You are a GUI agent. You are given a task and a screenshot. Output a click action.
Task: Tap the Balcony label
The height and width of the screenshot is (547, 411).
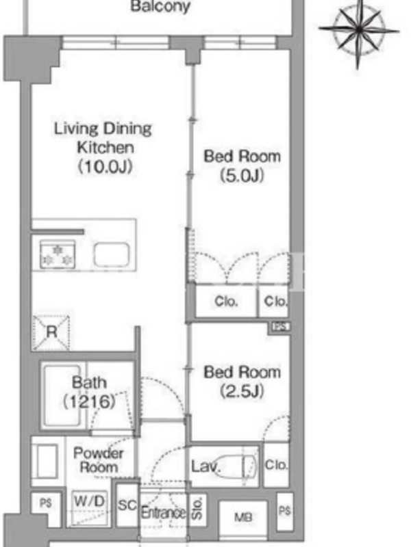click(160, 6)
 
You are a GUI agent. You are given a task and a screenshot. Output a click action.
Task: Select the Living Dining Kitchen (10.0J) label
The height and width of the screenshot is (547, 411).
click(103, 148)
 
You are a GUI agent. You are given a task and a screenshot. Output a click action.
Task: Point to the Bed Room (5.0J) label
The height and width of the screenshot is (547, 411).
click(242, 165)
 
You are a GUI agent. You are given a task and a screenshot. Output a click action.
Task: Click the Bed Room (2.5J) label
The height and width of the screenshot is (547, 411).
click(242, 382)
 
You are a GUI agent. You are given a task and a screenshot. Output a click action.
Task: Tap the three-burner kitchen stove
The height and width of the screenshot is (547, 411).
click(58, 254)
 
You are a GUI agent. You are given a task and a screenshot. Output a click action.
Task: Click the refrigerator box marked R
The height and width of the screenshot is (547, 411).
click(51, 333)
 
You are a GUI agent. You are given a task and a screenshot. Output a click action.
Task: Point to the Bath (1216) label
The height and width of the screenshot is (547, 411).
click(89, 392)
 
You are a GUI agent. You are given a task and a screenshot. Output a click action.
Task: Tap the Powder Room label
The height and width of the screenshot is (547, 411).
click(98, 460)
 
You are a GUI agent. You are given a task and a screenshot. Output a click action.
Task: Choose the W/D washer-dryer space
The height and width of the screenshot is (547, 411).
click(89, 507)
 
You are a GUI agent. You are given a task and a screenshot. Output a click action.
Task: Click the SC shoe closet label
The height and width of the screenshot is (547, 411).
click(127, 505)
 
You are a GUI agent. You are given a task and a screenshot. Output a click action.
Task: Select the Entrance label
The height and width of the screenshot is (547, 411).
click(163, 513)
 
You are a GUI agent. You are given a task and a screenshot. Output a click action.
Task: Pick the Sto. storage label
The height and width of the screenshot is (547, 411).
click(197, 508)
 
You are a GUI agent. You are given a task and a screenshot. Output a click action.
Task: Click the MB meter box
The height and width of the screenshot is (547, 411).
click(243, 517)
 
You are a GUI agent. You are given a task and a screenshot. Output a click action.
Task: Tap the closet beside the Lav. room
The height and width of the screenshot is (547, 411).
click(276, 464)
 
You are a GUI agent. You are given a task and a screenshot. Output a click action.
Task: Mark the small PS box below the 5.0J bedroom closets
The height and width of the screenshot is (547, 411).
click(281, 327)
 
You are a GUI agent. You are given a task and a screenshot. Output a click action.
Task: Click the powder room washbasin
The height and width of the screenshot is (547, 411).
click(46, 461)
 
